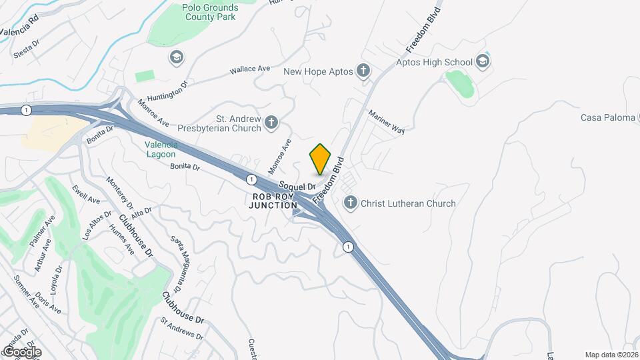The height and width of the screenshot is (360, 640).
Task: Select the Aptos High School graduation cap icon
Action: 483,62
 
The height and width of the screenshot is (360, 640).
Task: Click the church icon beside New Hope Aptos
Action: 363,71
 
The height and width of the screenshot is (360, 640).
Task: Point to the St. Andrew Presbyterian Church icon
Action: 271,122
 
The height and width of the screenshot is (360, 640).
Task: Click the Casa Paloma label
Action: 607,117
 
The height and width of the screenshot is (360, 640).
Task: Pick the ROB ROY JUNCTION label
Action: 274,201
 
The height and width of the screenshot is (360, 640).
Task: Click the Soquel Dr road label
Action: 296,186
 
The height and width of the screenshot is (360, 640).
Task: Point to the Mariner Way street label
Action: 387,123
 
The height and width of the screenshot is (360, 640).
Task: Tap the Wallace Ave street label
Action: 249,69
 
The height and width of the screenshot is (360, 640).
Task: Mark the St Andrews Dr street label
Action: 181,328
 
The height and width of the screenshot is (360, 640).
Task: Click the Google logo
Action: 22,351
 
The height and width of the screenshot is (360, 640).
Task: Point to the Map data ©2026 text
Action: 611,354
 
